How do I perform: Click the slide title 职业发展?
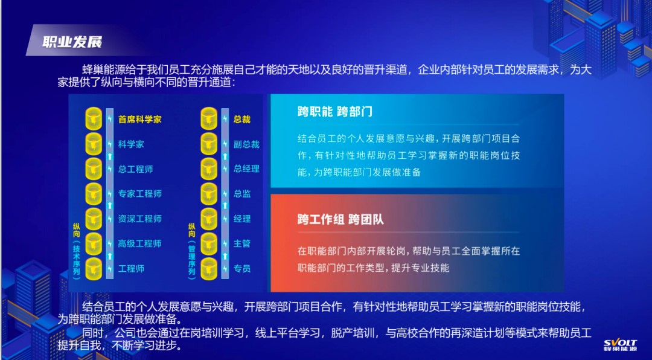tap(72, 42)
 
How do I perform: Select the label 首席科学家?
tap(139, 120)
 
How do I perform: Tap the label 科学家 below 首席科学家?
tap(131, 144)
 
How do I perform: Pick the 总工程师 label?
tap(136, 169)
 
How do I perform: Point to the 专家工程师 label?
tap(139, 193)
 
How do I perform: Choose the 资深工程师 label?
tap(139, 219)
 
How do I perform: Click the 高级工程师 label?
tap(139, 243)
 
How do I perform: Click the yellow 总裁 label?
tap(242, 120)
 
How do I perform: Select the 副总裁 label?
tap(246, 144)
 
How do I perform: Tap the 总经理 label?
tap(246, 169)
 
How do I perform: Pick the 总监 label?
tap(242, 193)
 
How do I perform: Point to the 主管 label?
tap(242, 243)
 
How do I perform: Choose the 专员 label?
tap(242, 268)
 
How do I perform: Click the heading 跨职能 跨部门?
tap(334, 112)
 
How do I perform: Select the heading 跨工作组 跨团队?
tap(340, 219)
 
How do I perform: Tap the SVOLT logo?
tap(620, 346)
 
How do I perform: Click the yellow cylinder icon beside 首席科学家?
tap(94, 119)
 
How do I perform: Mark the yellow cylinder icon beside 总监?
tap(209, 193)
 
